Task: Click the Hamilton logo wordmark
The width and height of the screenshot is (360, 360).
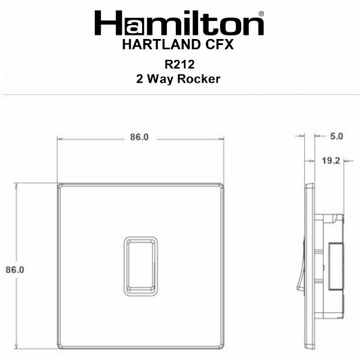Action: pyautogui.click(x=179, y=23)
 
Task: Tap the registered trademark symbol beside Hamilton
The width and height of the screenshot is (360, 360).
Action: pyautogui.click(x=261, y=14)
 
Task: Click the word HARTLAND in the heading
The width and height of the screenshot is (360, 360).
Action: pyautogui.click(x=161, y=44)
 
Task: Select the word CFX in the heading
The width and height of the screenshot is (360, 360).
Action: pyautogui.click(x=219, y=44)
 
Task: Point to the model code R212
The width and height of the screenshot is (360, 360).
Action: pyautogui.click(x=179, y=64)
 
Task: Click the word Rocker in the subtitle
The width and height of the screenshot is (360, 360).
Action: pyautogui.click(x=199, y=79)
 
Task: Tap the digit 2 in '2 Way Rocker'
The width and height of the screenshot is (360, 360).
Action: pyautogui.click(x=139, y=79)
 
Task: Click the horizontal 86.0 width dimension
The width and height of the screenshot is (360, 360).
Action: pyautogui.click(x=139, y=137)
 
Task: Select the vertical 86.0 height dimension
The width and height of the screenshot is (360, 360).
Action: pyautogui.click(x=15, y=269)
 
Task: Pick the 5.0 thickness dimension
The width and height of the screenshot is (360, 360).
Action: pyautogui.click(x=337, y=136)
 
